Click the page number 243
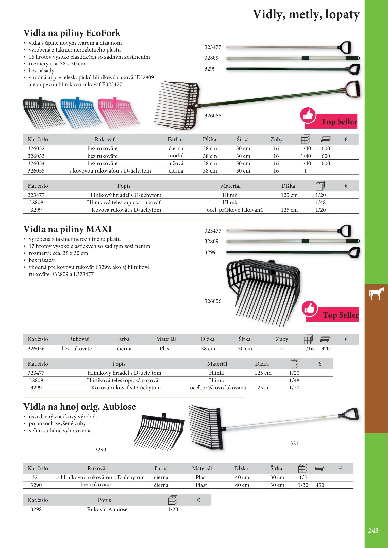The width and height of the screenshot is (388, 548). (x=373, y=530)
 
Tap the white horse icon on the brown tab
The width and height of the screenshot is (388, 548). (x=376, y=293)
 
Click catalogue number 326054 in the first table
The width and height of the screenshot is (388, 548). (x=36, y=163)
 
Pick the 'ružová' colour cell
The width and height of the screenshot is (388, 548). (x=175, y=163)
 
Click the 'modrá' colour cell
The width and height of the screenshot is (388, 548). (x=176, y=156)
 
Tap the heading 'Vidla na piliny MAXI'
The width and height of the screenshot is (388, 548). (x=68, y=229)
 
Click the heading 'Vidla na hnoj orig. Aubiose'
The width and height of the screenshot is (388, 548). (x=79, y=407)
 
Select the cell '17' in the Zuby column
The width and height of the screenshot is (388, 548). (x=281, y=349)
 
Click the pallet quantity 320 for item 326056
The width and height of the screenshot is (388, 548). (x=325, y=349)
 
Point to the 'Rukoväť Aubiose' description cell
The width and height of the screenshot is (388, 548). (x=107, y=509)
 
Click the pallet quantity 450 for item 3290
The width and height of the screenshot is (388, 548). (x=320, y=485)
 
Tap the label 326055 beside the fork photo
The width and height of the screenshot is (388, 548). (x=213, y=116)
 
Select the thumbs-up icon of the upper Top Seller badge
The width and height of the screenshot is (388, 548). (x=308, y=115)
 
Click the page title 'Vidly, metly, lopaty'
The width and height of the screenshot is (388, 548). (x=306, y=14)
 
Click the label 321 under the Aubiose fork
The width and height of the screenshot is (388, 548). (x=294, y=443)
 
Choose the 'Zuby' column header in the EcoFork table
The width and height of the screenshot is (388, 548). (x=276, y=139)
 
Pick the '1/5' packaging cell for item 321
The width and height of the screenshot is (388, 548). (x=303, y=477)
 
